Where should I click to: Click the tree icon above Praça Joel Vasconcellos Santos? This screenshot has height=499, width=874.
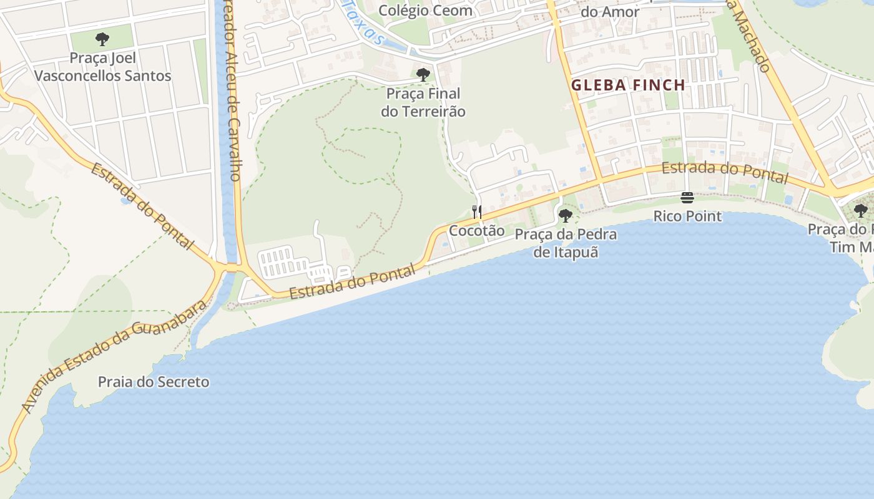tap(102, 40)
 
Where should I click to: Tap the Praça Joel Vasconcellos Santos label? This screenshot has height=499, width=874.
tap(102, 67)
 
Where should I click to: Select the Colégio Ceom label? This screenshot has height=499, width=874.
tap(426, 11)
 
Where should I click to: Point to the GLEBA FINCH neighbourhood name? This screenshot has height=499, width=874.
tap(628, 85)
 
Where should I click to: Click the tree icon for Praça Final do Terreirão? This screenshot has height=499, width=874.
tap(423, 75)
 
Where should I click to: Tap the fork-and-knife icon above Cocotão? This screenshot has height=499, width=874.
tap(477, 212)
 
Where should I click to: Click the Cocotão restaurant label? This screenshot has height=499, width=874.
tap(477, 230)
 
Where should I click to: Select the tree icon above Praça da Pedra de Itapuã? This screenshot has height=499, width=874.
tap(566, 216)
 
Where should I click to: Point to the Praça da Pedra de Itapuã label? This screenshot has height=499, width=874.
tap(566, 243)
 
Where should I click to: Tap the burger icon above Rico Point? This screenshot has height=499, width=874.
tap(687, 198)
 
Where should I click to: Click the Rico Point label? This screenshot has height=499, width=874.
tap(687, 216)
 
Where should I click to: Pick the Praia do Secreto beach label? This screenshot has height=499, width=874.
tap(154, 382)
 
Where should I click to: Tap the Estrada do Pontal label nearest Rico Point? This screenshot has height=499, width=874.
tap(725, 172)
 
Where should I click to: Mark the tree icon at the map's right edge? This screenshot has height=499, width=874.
tap(861, 211)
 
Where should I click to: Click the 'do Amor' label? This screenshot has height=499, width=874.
tap(610, 12)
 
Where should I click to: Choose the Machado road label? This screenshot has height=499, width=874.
tap(750, 37)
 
